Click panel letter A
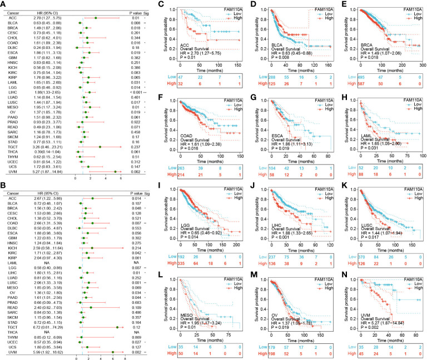(4, 4)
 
